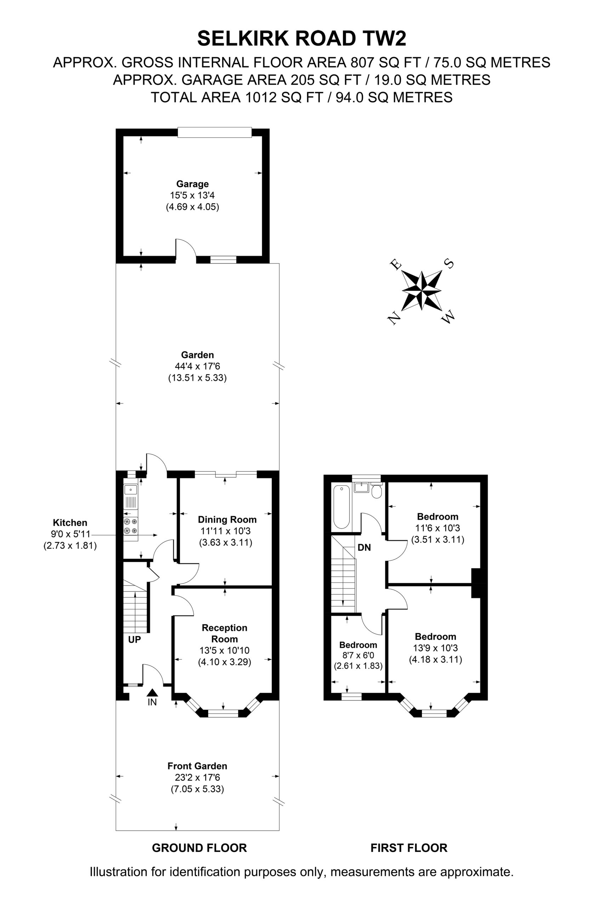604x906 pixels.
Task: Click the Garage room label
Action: point(192,184)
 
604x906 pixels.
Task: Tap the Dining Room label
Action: point(227,520)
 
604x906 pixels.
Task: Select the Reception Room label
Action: point(224,633)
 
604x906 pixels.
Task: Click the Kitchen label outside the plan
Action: point(70,522)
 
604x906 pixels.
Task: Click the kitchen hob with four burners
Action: point(131,526)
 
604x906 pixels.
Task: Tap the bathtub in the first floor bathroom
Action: point(341,507)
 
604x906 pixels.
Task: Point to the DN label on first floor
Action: point(364,547)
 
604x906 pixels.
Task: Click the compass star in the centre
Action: point(422,291)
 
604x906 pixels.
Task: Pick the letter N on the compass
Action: point(393,319)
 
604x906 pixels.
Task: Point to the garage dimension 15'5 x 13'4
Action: point(193,195)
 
